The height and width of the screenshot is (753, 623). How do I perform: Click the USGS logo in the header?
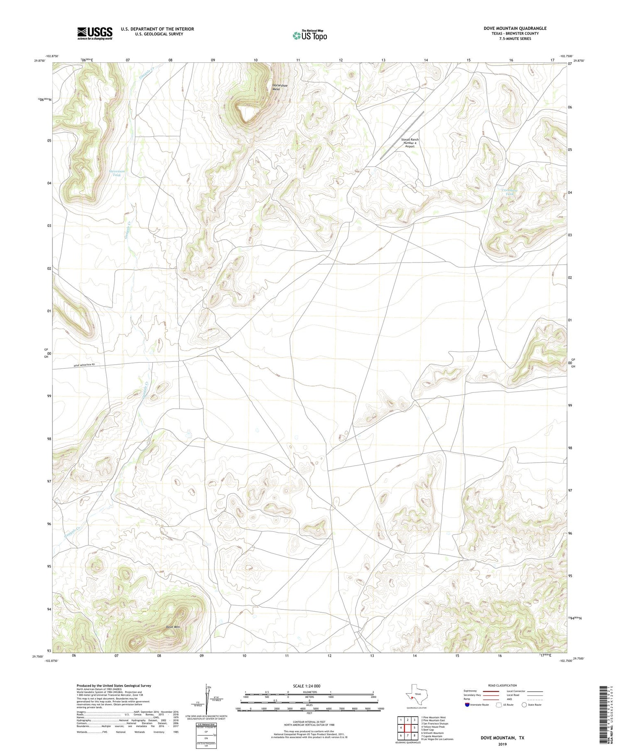coord(95,33)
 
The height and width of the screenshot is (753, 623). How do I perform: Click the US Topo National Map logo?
coord(309,35)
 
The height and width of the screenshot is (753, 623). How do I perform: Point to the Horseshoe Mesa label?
coord(276,87)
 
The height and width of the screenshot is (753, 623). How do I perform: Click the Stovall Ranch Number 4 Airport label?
coord(410,143)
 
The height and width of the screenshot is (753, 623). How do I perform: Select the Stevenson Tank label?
coord(117,173)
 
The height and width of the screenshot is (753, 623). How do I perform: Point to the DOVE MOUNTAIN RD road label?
coord(84,365)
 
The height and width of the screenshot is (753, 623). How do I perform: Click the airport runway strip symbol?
coord(402,135)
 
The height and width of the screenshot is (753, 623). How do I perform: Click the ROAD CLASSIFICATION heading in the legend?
coord(503,685)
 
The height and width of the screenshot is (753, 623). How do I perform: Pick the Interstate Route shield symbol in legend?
coord(468,704)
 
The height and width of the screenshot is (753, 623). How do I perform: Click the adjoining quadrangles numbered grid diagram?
coord(408,728)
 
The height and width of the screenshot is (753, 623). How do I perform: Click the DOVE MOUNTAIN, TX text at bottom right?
coord(502,738)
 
